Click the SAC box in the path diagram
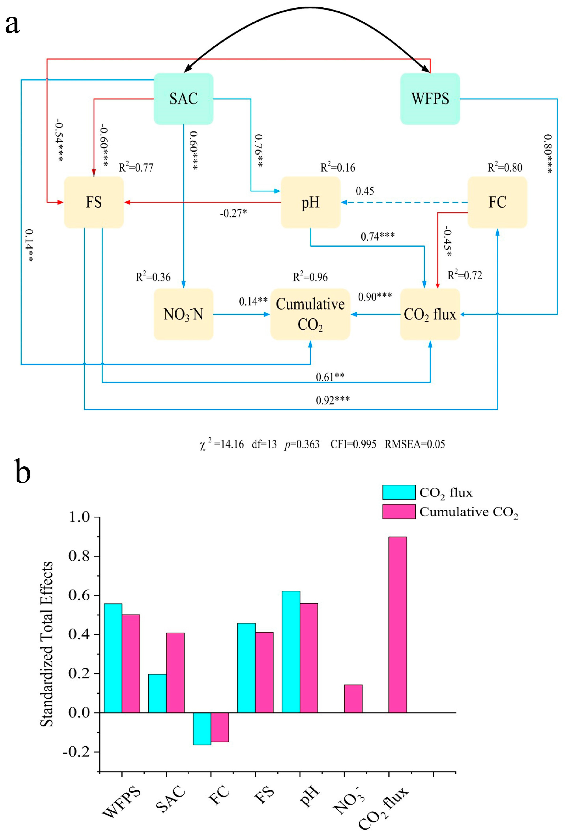click(x=183, y=99)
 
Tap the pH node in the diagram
click(x=310, y=202)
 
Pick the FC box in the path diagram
click(x=497, y=202)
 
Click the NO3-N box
click(x=183, y=314)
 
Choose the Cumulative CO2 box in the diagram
click(x=310, y=314)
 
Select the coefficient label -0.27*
click(x=233, y=213)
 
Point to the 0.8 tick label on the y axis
click(x=79, y=556)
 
